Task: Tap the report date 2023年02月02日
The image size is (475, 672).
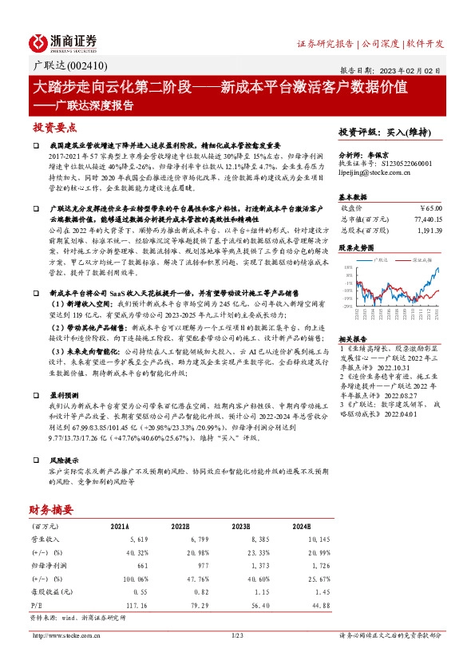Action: pyautogui.click(x=412, y=70)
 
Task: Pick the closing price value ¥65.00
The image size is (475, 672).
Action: pyautogui.click(x=429, y=207)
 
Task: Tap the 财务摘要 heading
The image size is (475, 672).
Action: pyautogui.click(x=51, y=509)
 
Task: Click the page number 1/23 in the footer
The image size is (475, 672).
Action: pyautogui.click(x=236, y=635)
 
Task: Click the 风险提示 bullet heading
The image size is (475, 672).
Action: pyautogui.click(x=65, y=461)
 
